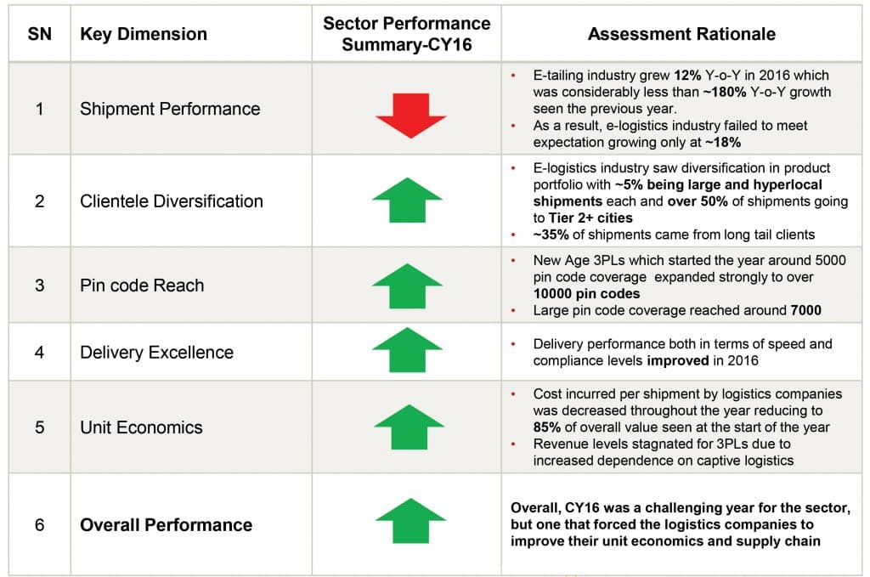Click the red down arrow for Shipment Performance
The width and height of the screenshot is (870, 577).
click(x=411, y=116)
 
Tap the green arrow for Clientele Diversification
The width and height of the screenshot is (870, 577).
click(x=407, y=200)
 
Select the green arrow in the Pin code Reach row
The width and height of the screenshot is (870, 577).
click(x=407, y=286)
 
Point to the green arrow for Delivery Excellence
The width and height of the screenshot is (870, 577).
click(x=407, y=349)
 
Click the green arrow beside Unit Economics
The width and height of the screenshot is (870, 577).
click(x=409, y=427)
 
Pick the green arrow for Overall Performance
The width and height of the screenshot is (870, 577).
click(x=410, y=520)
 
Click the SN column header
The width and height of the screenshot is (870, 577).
click(x=39, y=34)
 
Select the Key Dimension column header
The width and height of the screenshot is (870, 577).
click(x=143, y=34)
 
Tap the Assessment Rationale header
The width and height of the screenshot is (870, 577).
click(x=681, y=34)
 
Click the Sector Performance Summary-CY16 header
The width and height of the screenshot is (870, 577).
click(x=407, y=34)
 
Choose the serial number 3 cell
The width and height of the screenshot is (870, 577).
click(x=39, y=286)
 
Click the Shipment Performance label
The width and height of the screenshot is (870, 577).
click(x=170, y=109)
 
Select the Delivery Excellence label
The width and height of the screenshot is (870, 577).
click(x=156, y=353)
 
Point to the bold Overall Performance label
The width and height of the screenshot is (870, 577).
click(x=166, y=525)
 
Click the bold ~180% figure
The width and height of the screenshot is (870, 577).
click(x=724, y=92)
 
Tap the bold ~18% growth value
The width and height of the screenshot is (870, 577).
click(x=723, y=142)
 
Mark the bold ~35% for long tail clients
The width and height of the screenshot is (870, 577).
click(x=551, y=235)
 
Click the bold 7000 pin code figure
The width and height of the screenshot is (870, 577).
click(x=805, y=310)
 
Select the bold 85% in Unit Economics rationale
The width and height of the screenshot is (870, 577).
click(x=546, y=427)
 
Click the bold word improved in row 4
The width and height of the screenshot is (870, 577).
click(x=677, y=360)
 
